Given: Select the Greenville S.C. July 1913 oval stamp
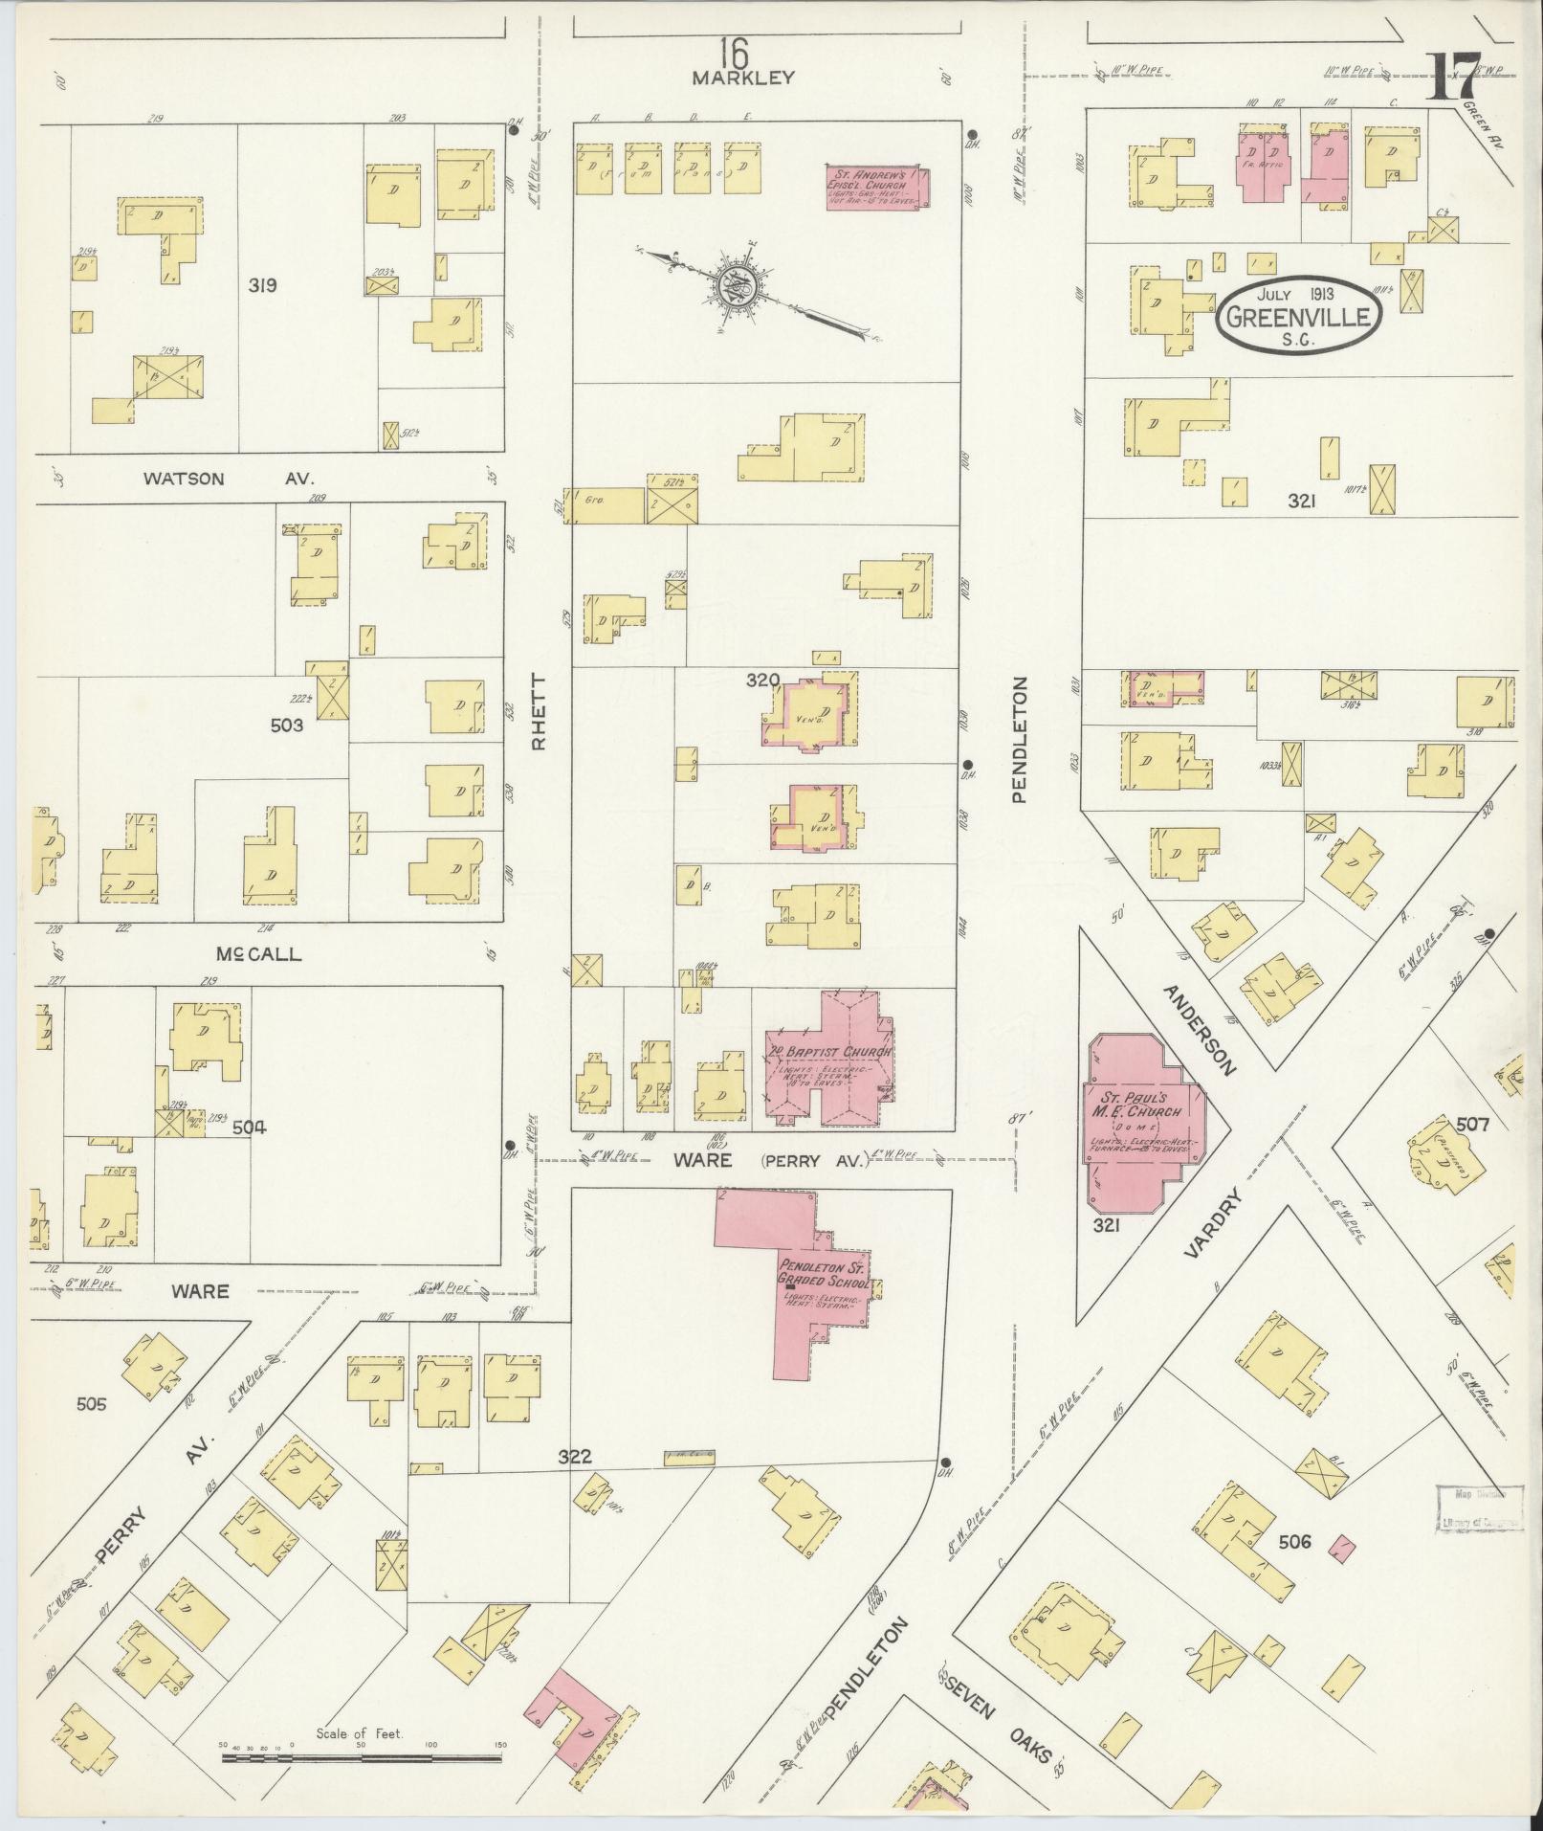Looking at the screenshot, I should point(1300,318).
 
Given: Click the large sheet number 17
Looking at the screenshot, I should point(1455,78).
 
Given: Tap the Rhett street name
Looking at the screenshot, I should point(538,709).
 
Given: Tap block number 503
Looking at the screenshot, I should point(286,725).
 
